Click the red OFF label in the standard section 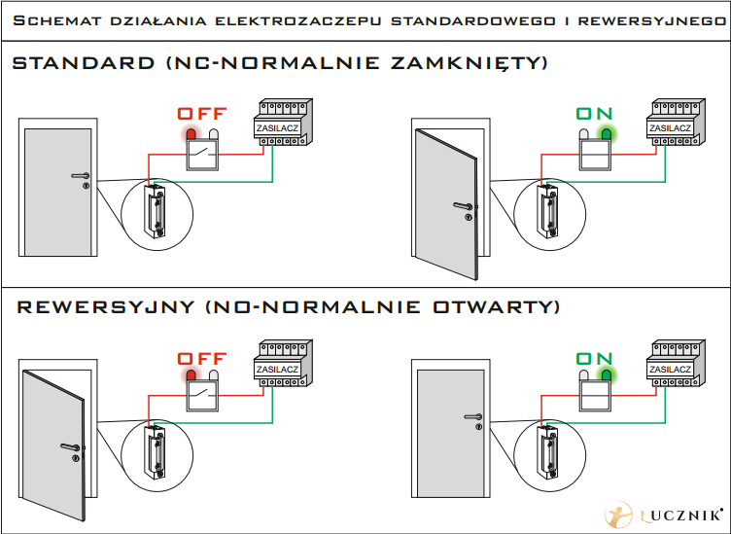coord(201,113)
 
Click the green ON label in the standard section coord(595,113)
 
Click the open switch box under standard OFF coord(203,153)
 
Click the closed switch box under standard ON coord(594,153)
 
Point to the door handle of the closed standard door coord(80,176)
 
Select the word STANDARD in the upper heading coord(83,64)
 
